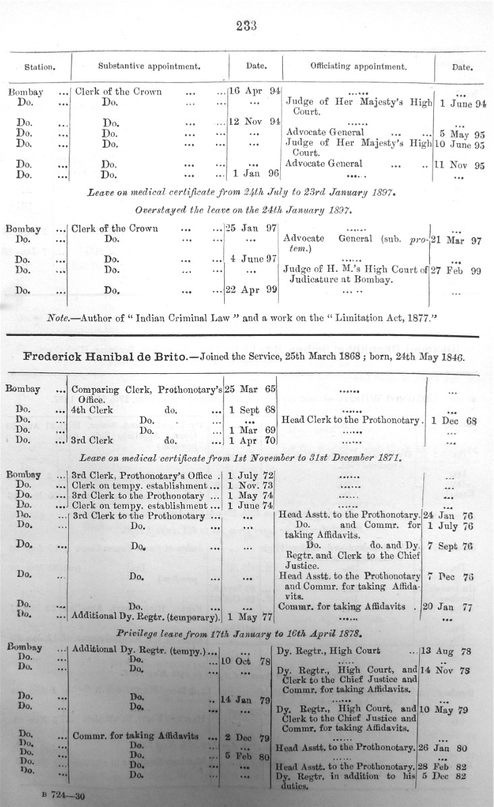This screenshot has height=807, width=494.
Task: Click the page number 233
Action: click(247, 26)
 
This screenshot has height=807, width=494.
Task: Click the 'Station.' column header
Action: click(39, 67)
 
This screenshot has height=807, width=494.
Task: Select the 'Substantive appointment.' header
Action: click(148, 67)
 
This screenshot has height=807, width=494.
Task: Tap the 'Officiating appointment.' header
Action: click(358, 67)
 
